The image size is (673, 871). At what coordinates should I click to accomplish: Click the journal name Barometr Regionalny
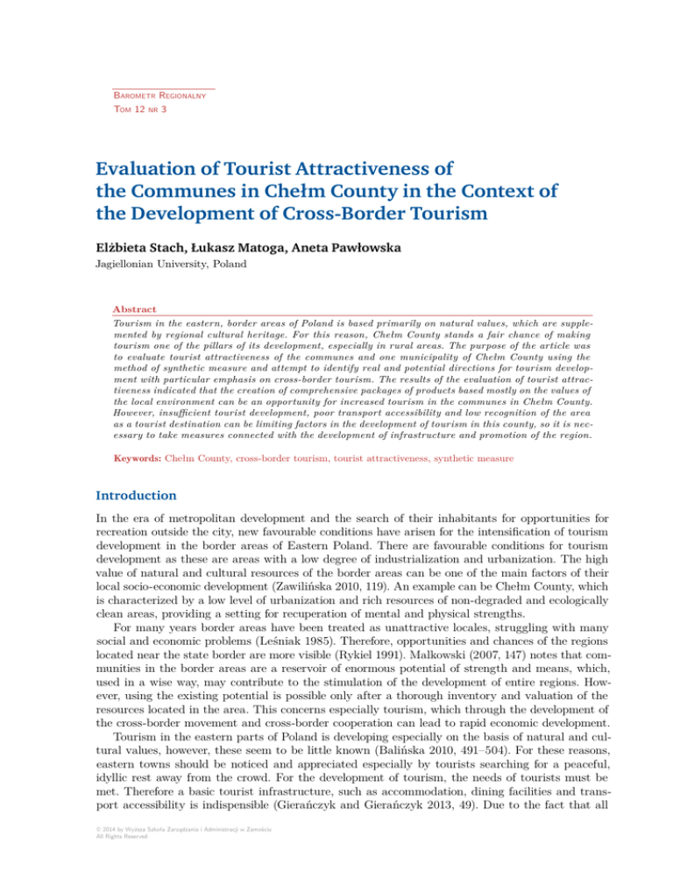click(159, 95)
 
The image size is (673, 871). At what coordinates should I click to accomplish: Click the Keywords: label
click(141, 458)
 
